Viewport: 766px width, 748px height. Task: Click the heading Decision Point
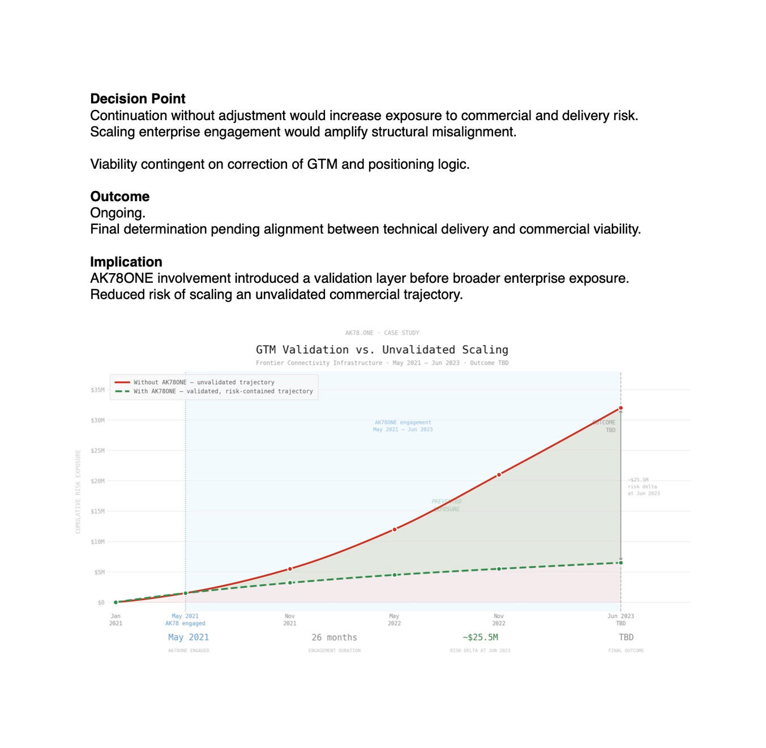138,99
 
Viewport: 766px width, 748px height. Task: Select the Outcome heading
120,197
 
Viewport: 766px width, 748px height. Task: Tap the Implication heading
126,262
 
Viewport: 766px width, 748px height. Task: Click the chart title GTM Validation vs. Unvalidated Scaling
382,350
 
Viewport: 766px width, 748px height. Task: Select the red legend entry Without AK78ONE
204,382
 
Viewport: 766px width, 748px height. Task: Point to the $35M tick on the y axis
97,390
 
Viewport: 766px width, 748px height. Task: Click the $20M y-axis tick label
97,481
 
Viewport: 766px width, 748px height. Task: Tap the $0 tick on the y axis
101,602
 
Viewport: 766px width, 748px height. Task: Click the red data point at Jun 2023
620,408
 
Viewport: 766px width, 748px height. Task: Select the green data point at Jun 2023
620,563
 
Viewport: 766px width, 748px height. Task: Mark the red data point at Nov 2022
499,475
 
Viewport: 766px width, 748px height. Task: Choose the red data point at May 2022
395,529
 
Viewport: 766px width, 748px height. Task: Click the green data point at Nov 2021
290,583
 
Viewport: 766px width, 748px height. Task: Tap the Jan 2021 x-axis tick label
115,619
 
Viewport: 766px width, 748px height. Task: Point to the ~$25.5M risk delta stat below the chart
480,637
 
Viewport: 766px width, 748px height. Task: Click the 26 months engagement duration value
334,637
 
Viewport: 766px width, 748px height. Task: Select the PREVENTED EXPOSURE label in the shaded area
447,505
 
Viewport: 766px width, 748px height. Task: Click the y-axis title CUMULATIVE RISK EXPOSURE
78,491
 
